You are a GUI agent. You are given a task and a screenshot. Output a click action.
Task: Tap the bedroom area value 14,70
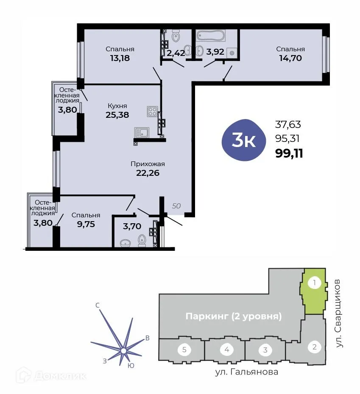[x=290, y=58]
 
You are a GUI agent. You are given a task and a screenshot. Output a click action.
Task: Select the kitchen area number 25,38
[x=117, y=114]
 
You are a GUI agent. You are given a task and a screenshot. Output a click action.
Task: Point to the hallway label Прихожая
[x=148, y=164]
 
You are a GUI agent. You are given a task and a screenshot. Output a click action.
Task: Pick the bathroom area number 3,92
[x=215, y=53]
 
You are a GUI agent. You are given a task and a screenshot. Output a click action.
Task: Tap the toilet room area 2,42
[x=175, y=53]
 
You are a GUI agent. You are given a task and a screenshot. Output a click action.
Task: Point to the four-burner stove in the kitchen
[x=152, y=112]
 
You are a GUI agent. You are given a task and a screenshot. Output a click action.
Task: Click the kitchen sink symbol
[x=141, y=133]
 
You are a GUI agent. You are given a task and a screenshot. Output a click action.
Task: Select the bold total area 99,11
[x=289, y=153]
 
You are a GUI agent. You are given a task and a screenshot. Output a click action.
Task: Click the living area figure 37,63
[x=288, y=125]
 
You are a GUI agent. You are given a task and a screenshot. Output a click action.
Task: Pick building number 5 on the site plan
[x=184, y=350]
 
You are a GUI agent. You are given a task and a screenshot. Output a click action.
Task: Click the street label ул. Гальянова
[x=246, y=372]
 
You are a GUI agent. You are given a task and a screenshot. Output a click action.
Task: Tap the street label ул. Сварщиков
[x=339, y=314]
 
